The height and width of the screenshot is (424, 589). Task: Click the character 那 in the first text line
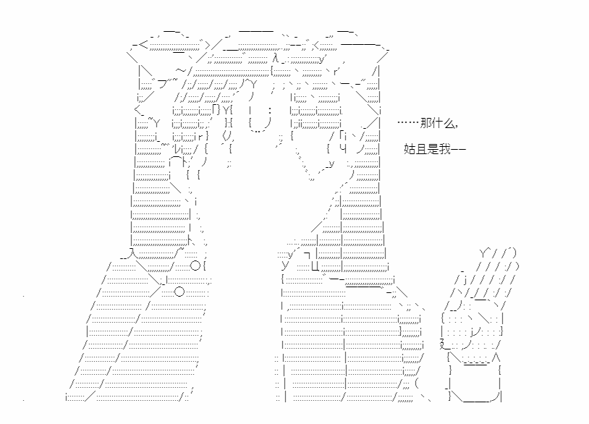(x=426, y=123)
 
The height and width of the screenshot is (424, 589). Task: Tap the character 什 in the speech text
(x=437, y=123)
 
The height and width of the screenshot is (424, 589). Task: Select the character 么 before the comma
(x=449, y=123)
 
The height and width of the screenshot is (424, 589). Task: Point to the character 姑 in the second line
(x=410, y=149)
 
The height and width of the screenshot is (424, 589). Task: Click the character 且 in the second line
(x=421, y=149)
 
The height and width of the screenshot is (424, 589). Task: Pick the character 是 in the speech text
(x=433, y=149)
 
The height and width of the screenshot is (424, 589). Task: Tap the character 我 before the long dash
(x=444, y=149)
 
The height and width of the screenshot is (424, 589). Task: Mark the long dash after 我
(x=458, y=150)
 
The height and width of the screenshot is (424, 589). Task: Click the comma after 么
(x=456, y=126)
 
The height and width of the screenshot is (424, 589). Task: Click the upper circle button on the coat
(x=195, y=266)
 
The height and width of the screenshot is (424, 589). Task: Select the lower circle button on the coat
(x=179, y=292)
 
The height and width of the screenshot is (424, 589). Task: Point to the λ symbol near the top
(x=276, y=58)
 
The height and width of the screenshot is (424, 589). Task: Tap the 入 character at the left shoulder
(x=131, y=253)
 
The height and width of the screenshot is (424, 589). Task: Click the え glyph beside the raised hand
(x=443, y=344)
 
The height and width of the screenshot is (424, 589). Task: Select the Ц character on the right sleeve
(x=315, y=266)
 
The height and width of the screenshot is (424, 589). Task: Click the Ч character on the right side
(x=342, y=148)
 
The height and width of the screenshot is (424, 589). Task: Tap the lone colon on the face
(x=270, y=111)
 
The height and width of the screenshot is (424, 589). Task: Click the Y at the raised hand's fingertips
(x=484, y=253)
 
